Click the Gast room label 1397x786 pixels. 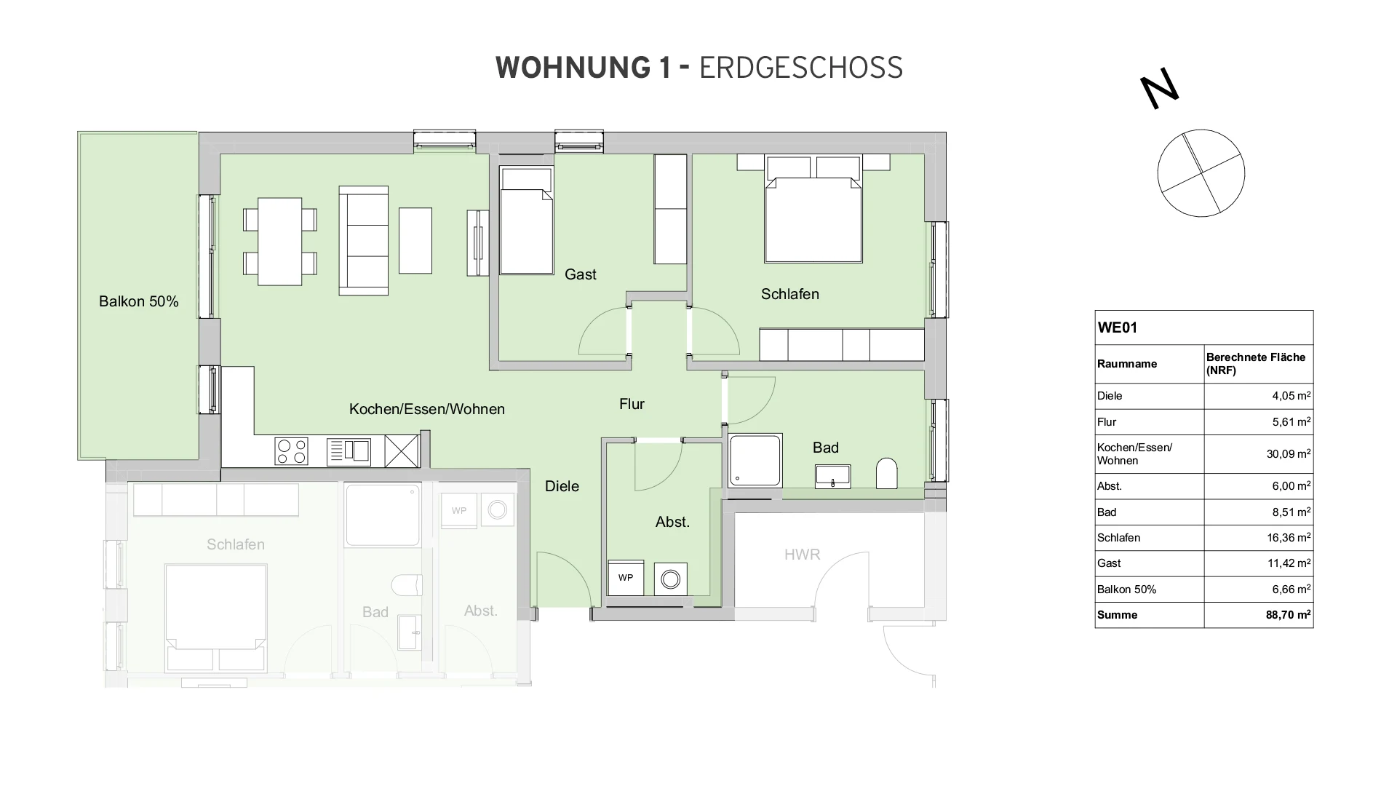click(x=580, y=274)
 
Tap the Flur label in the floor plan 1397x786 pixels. click(x=632, y=404)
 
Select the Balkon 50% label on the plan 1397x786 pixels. click(x=139, y=301)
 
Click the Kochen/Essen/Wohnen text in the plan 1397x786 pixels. click(x=427, y=409)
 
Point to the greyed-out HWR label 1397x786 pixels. click(x=802, y=555)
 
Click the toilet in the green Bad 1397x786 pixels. click(x=887, y=473)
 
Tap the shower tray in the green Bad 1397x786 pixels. click(x=755, y=461)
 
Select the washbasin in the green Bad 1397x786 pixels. click(x=833, y=476)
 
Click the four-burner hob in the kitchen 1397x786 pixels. click(x=291, y=451)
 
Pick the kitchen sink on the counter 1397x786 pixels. click(x=349, y=451)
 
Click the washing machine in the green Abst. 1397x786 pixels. click(x=670, y=579)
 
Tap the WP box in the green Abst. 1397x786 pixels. click(x=626, y=578)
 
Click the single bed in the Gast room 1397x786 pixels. click(x=527, y=221)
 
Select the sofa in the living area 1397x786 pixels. click(x=363, y=240)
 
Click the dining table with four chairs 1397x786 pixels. click(x=280, y=242)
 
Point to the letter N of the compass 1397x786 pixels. click(x=1159, y=89)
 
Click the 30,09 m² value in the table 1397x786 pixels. click(x=1288, y=454)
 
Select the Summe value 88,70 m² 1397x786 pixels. click(x=1288, y=615)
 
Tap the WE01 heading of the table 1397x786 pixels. click(x=1118, y=327)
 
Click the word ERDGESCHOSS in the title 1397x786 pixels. click(x=800, y=68)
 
